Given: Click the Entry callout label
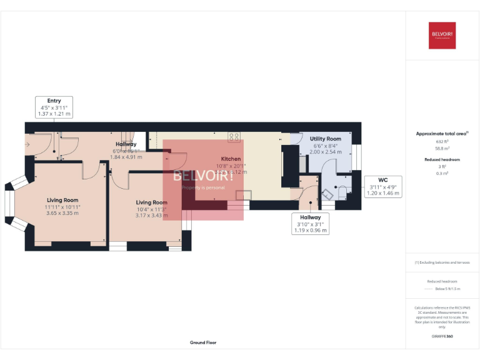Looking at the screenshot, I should (54, 107).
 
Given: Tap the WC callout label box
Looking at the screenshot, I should (382, 187).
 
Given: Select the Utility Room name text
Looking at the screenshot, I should (326, 139).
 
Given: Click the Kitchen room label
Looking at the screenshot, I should (231, 159).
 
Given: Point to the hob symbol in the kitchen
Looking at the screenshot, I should (234, 137).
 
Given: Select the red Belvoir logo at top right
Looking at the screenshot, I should (442, 36).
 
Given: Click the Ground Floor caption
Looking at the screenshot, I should (203, 342).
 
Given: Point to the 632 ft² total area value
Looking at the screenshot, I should (442, 142).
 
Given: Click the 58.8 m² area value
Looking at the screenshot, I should (442, 148).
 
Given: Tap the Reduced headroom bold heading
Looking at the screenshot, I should (442, 159).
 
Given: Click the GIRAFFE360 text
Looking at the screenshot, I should (442, 336).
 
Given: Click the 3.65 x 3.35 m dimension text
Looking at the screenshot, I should (62, 213).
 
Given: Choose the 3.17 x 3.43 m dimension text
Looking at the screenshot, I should (151, 216).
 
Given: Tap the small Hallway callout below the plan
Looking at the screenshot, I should (311, 224).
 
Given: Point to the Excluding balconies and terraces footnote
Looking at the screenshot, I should (442, 262).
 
